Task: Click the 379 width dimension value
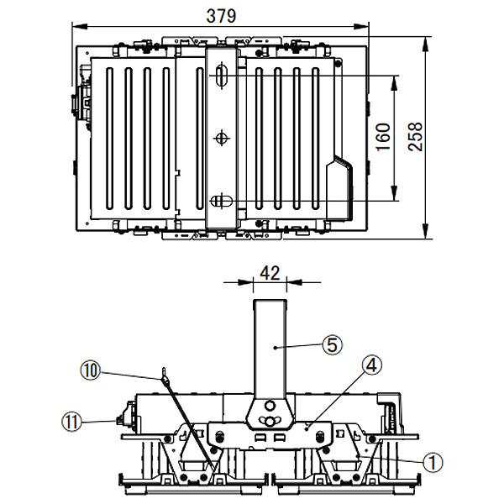tap(221, 16)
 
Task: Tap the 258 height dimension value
tap(415, 137)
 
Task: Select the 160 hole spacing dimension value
tap(383, 137)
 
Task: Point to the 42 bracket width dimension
tap(270, 274)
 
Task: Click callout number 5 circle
tap(333, 344)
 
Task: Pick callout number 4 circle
tap(371, 365)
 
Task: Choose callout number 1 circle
tap(433, 462)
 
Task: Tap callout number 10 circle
tap(91, 370)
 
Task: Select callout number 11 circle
tap(71, 422)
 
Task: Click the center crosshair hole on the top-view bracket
tap(221, 139)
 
